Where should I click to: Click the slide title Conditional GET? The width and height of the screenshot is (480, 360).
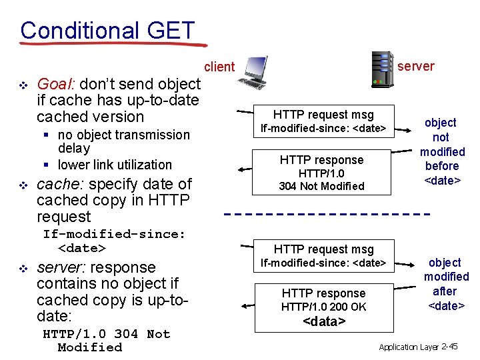(x=107, y=30)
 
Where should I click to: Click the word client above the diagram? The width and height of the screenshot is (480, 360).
(x=219, y=67)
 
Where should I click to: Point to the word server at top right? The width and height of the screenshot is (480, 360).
(x=415, y=66)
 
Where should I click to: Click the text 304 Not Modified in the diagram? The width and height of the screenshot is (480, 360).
(x=321, y=186)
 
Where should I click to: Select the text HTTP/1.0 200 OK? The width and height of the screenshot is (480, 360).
(x=323, y=307)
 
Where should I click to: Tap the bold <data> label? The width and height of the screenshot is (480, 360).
(x=324, y=321)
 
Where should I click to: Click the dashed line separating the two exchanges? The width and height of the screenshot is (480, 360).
(x=326, y=215)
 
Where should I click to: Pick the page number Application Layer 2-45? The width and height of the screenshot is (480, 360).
(x=418, y=347)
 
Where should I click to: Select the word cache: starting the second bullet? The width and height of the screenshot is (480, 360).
(x=61, y=184)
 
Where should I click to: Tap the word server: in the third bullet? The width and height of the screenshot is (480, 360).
(x=63, y=267)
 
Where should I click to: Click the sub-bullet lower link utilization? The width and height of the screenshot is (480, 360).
(x=115, y=165)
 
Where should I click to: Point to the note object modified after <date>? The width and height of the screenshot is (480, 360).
(x=446, y=284)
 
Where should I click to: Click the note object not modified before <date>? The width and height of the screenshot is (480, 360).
(x=441, y=151)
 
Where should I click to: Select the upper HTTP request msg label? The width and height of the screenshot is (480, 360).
(x=323, y=115)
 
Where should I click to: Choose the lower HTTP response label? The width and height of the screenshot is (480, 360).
(x=323, y=293)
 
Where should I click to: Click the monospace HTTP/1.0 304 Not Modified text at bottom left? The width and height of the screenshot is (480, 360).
(x=106, y=340)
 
